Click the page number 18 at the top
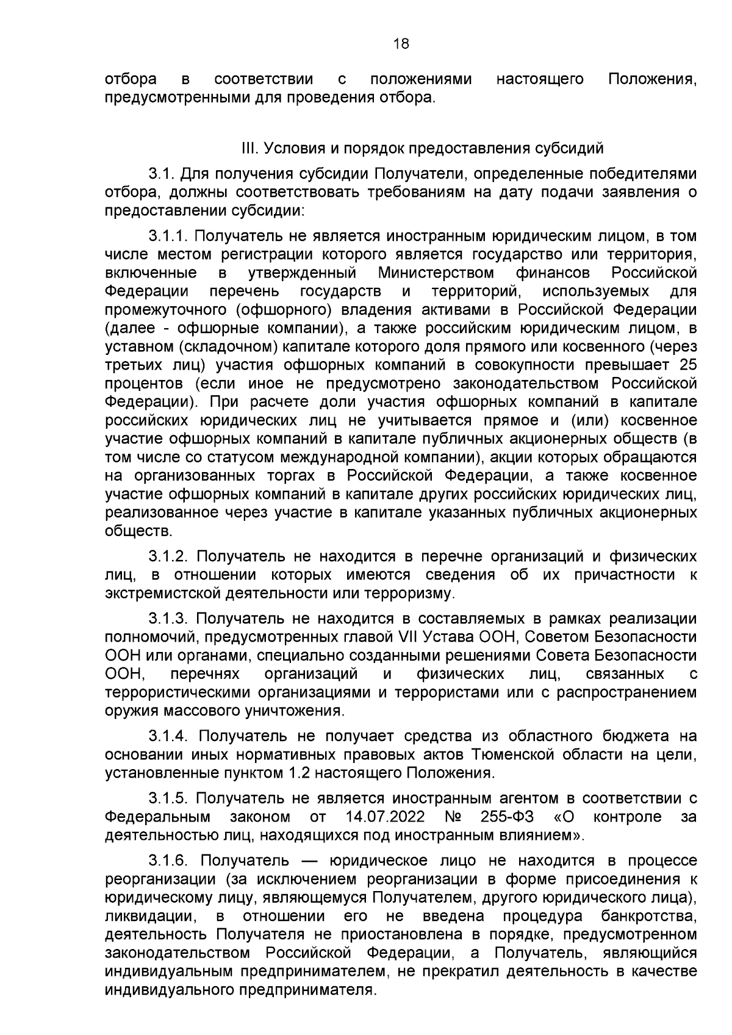[401, 43]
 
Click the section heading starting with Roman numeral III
[423, 149]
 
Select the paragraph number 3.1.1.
[170, 236]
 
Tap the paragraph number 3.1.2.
[170, 556]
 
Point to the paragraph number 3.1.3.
[170, 618]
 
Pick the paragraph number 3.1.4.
[171, 737]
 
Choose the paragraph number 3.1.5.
[170, 798]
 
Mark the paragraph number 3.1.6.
[171, 861]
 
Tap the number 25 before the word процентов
[687, 365]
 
